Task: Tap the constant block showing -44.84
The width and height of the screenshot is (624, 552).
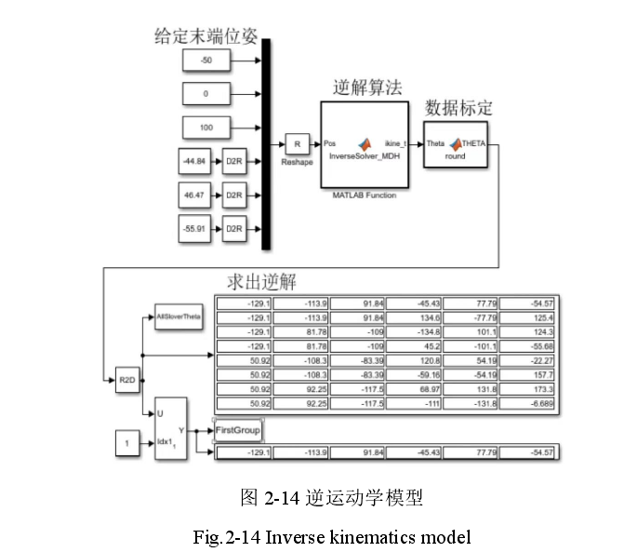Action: click(x=195, y=161)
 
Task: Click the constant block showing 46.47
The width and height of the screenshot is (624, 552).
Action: click(x=195, y=195)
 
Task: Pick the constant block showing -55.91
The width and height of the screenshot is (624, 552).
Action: click(x=195, y=228)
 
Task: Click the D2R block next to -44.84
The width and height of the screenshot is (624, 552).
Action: click(x=233, y=161)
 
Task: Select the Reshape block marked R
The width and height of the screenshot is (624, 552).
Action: click(x=297, y=143)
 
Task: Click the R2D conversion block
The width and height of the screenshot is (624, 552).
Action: click(x=127, y=381)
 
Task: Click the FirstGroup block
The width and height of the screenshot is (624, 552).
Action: click(x=238, y=431)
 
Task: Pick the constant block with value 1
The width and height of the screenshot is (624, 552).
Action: click(x=127, y=444)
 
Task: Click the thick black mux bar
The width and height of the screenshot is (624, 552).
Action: click(x=267, y=144)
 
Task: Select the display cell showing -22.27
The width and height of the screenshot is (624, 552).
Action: click(x=529, y=360)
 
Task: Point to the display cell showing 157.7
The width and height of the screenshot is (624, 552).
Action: click(x=529, y=375)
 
